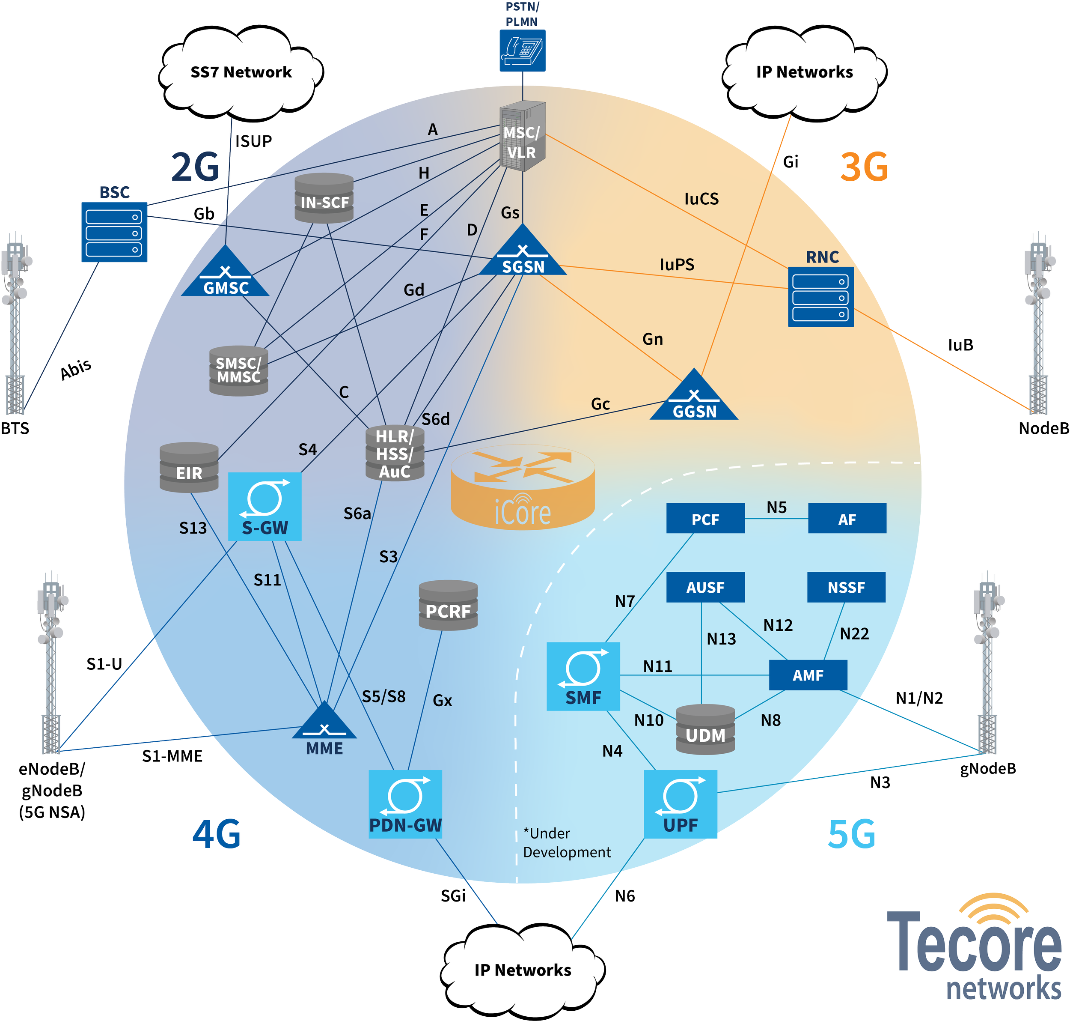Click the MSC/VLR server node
pos(522,136)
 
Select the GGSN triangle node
pos(694,396)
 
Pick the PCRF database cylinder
pos(448,605)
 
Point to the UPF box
pos(680,804)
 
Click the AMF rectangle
pos(808,675)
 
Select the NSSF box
pos(846,587)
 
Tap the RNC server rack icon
pos(821,297)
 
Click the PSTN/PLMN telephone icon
pos(523,51)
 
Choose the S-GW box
pos(265,506)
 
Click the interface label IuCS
pos(701,199)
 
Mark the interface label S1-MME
pos(172,756)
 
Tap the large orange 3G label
pos(864,167)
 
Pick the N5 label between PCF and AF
pos(776,507)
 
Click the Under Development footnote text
pos(566,842)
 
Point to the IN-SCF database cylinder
pos(324,198)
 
